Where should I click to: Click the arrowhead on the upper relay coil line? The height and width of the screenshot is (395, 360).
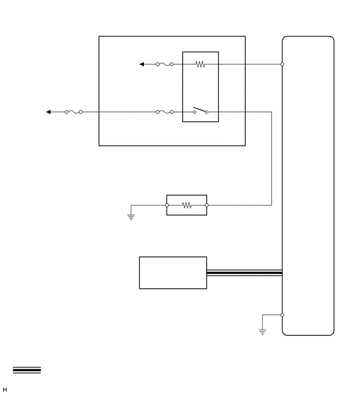pos(142,64)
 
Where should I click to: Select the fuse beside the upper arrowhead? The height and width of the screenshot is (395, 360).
pos(164,64)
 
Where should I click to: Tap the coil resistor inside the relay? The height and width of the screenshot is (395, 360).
pos(200,64)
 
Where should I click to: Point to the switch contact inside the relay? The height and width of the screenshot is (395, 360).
pos(200,110)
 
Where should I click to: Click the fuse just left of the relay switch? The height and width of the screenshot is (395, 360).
pos(164,112)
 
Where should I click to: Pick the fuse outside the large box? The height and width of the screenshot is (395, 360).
pos(73,112)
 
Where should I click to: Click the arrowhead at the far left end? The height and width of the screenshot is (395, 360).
pos(49,112)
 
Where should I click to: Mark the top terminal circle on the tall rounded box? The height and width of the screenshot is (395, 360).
pos(282,64)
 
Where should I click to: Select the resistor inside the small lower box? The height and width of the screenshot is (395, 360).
pos(187,206)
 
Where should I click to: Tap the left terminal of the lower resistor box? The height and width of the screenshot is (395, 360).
pos(167,206)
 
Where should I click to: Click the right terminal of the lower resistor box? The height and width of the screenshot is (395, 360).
pos(207,206)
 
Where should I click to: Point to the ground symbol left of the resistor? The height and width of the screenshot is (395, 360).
pos(131,217)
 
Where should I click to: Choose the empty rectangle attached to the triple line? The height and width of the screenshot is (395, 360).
pos(173,273)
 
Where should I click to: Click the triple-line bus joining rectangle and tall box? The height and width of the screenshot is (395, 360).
pos(244,273)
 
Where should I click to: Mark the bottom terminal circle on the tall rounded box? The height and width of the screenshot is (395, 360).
pos(282,315)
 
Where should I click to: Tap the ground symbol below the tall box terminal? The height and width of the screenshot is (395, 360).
pos(262,331)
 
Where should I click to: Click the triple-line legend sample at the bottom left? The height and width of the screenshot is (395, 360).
pos(27,370)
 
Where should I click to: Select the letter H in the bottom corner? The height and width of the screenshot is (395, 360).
pos(5,390)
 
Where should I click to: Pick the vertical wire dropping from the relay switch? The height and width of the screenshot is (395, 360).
pos(271,157)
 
